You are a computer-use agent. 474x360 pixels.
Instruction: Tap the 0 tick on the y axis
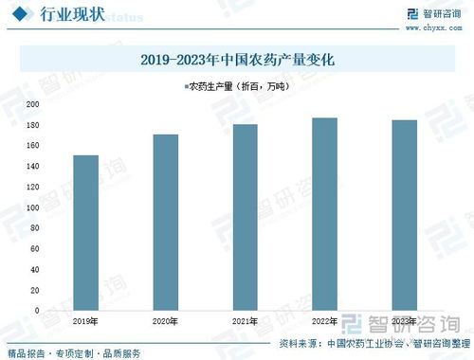pos(36,311)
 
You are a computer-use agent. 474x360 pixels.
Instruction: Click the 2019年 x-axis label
pos(85,321)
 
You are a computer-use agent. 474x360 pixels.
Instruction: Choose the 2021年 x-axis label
pos(246,321)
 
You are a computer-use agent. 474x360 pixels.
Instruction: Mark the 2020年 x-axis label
pos(166,321)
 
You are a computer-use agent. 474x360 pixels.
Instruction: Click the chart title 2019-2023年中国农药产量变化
pos(238,60)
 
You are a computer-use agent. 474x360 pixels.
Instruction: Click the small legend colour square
pos(186,86)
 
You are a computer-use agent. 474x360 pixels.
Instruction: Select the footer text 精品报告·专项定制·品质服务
pos(71,352)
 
